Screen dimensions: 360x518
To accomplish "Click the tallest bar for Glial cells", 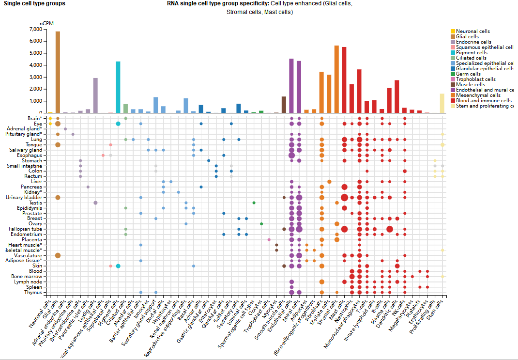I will click(x=58, y=73).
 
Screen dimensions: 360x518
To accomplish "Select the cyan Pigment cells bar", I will click(x=118, y=87).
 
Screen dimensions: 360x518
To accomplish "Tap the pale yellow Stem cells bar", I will click(x=442, y=103).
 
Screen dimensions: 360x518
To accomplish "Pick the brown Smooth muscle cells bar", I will click(x=284, y=105).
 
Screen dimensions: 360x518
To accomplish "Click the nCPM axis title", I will click(x=47, y=23).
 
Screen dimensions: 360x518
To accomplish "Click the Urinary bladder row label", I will click(x=24, y=198).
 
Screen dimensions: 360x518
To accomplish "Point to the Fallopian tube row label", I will click(x=25, y=229).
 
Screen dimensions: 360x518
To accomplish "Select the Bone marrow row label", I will click(x=27, y=277).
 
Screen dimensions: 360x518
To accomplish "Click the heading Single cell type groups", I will click(x=34, y=3).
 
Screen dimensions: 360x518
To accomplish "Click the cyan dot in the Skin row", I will click(x=118, y=266).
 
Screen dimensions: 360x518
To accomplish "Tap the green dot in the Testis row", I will click(x=254, y=203).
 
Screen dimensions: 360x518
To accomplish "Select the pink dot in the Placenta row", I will click(x=269, y=240).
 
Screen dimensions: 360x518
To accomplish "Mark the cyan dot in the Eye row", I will click(x=118, y=124).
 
